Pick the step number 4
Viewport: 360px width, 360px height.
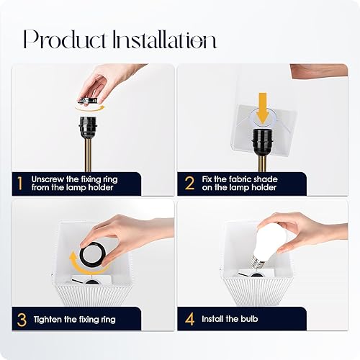189,318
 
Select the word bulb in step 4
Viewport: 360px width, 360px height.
251,318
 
